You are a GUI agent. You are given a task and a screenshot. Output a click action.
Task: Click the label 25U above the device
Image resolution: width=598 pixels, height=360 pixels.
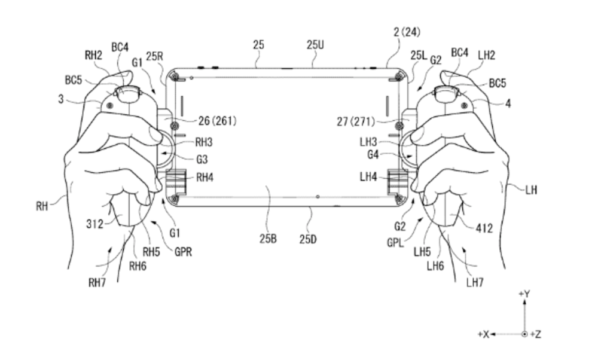[x=315, y=45]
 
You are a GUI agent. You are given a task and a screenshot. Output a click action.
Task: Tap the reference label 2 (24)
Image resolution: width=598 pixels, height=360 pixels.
[x=407, y=32]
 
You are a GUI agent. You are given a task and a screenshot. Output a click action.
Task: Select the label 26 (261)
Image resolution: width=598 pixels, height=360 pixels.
[x=218, y=121]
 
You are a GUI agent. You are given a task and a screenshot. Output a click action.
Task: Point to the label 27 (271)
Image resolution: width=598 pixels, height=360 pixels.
[x=356, y=121]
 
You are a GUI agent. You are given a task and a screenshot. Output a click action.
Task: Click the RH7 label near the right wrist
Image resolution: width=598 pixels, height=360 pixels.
[x=97, y=283]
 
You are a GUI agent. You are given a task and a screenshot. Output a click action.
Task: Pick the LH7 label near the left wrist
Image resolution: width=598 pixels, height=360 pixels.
[x=475, y=283]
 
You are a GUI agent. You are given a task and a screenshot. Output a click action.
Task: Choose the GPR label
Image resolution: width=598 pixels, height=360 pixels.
[x=183, y=252]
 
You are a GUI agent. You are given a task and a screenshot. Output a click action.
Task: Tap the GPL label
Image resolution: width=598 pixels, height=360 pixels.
[x=395, y=243]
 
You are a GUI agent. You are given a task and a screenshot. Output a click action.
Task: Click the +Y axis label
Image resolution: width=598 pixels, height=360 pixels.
[x=524, y=294]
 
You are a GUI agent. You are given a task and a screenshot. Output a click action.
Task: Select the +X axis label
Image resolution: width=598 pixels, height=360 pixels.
[x=484, y=334]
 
